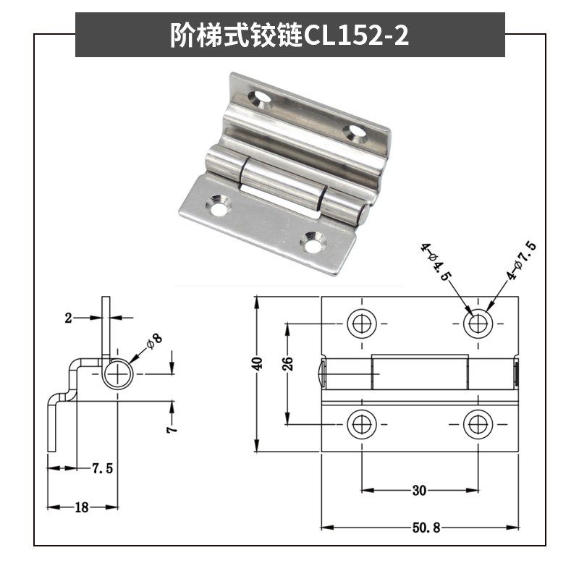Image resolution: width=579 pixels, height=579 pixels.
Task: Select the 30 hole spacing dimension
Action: pos(419,491)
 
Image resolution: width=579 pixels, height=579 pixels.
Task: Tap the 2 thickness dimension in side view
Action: pos(69,317)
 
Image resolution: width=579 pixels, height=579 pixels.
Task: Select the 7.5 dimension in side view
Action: pos(102,468)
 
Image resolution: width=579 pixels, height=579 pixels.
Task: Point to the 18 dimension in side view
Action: pos(81,507)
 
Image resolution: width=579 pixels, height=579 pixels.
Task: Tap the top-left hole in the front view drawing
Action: pos(361,323)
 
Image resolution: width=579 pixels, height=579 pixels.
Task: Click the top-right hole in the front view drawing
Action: pos(477,323)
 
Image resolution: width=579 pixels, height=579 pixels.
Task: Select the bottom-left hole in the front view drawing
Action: pos(361,423)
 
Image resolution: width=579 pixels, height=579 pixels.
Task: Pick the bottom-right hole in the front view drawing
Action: pos(477,423)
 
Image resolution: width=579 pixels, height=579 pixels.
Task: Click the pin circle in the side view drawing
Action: pos(116,373)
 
